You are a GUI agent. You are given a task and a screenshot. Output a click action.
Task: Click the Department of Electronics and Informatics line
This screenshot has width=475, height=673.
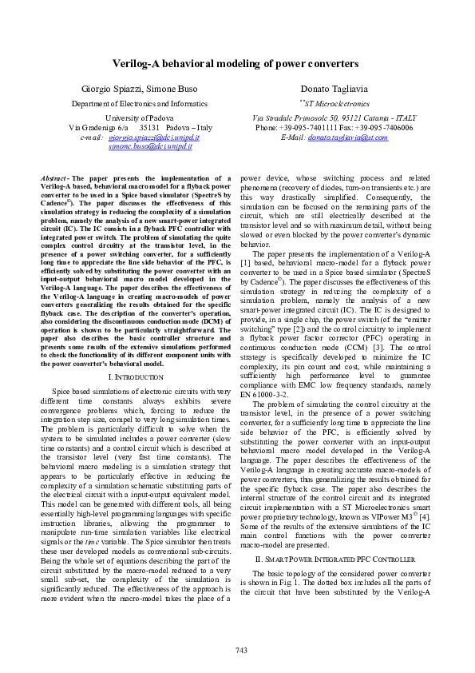[x=140, y=104]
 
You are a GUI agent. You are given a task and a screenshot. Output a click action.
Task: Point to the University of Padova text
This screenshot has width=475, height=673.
[x=140, y=117]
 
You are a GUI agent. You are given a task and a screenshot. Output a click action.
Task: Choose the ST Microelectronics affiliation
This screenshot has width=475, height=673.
[x=334, y=104]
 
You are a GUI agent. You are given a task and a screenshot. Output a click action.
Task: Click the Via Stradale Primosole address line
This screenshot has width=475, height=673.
[x=334, y=117]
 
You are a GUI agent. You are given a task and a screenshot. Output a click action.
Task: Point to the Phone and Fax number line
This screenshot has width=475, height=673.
[x=334, y=127]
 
